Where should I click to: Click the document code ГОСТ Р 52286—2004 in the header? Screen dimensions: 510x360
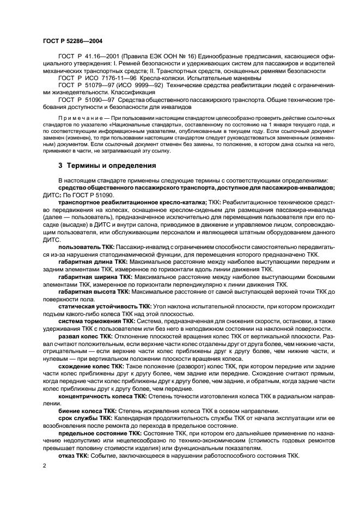[72, 41]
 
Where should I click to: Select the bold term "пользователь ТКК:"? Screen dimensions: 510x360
[83, 247]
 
